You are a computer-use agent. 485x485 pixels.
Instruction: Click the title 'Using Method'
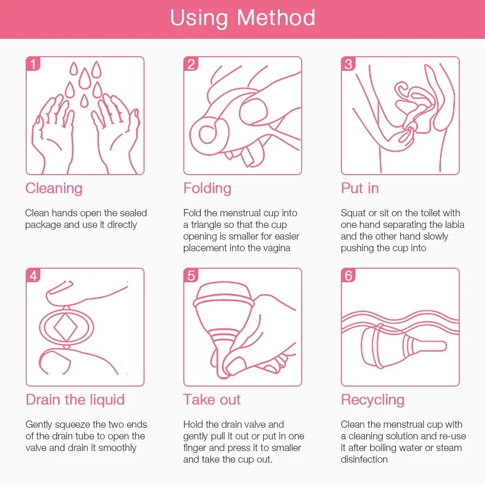point(242,18)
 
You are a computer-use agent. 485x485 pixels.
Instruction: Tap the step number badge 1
point(33,64)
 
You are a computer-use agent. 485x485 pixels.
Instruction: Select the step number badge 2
point(191,64)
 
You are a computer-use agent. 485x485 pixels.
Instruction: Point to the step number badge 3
point(348,64)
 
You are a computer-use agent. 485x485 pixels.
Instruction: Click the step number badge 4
point(33,275)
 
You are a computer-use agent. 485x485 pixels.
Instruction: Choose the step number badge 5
point(191,275)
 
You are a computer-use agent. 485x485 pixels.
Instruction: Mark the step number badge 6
point(348,275)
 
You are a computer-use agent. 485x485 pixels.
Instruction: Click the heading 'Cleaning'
point(54,188)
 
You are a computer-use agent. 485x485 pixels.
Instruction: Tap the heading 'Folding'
point(207,188)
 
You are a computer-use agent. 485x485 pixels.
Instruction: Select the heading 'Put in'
point(360,188)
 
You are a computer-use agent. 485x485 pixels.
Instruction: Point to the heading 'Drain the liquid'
point(75,400)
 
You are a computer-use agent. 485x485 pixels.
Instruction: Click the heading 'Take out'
point(212,400)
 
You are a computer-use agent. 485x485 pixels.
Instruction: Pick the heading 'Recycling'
point(372,400)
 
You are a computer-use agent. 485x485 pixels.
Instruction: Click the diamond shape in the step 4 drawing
point(65,327)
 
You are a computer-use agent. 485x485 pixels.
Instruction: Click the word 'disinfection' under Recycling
point(364,459)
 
